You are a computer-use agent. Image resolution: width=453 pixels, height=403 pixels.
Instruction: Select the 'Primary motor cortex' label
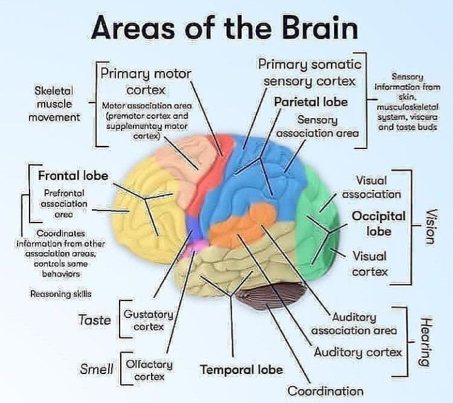tap(146, 81)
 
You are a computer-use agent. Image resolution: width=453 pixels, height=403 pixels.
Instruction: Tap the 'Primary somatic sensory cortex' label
tap(310, 72)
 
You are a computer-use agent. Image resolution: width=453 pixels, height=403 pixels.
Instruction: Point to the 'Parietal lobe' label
tap(310, 101)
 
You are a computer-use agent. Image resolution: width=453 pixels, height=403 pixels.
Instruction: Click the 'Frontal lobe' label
tap(73, 175)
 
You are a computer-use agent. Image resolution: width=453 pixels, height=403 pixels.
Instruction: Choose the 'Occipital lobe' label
tap(379, 223)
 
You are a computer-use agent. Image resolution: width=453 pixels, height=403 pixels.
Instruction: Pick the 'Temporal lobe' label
tap(241, 369)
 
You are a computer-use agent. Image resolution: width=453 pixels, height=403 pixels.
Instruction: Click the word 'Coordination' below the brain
tap(325, 390)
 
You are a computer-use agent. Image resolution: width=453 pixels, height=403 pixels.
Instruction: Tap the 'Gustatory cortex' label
tap(148, 320)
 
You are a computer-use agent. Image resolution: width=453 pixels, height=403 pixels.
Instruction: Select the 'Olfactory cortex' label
tap(148, 370)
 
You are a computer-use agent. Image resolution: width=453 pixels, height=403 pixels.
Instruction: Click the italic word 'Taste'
tap(94, 321)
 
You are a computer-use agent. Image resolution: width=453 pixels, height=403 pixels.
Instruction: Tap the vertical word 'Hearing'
tap(425, 341)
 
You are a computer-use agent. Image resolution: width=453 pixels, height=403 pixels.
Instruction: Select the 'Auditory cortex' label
tap(358, 352)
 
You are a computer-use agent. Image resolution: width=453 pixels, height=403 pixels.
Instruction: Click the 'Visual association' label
tap(371, 187)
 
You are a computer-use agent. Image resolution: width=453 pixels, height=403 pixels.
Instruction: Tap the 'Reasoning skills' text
tap(60, 294)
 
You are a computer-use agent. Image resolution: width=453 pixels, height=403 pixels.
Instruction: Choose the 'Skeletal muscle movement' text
tap(57, 104)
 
